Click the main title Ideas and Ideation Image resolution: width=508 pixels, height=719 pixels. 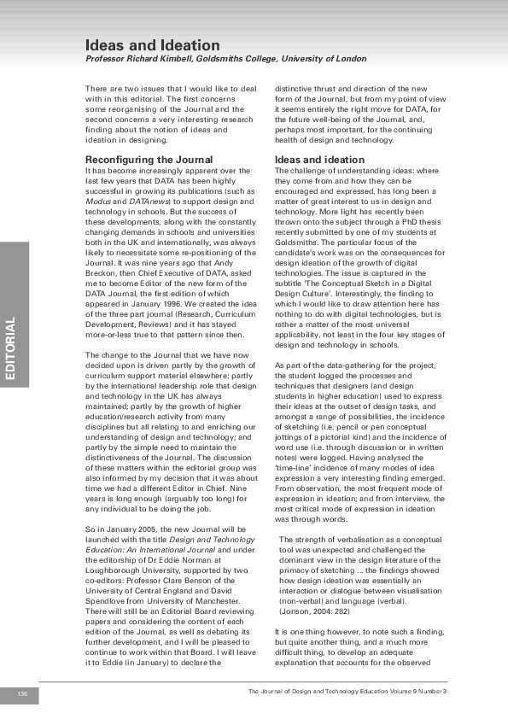152,44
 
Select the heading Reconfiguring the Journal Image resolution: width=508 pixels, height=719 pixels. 149,160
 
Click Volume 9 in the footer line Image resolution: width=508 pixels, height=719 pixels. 400,691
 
